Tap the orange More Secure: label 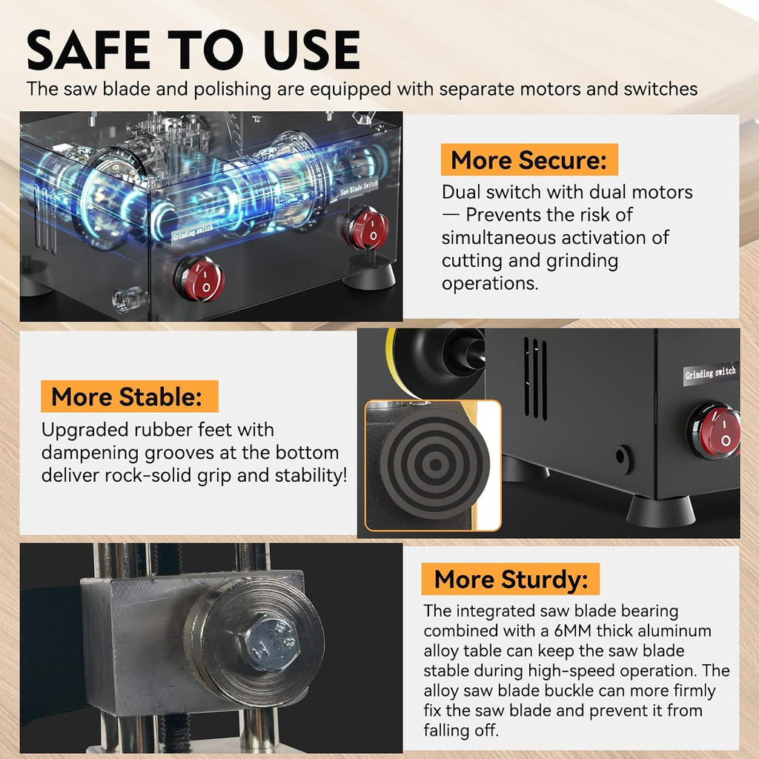point(529,160)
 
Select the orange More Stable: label point(129,397)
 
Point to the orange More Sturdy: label point(510,579)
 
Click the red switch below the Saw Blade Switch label point(366,228)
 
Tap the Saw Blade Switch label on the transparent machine point(359,188)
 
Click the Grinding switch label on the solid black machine point(711,374)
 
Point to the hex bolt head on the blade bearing point(271,644)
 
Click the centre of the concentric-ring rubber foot point(434,464)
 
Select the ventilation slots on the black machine point(535,378)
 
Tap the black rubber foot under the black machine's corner point(660,511)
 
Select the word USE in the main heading point(312,50)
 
